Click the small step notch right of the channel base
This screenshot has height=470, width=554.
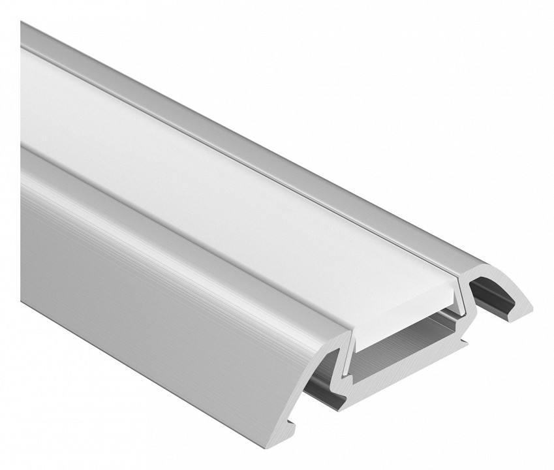pyautogui.click(x=465, y=341)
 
